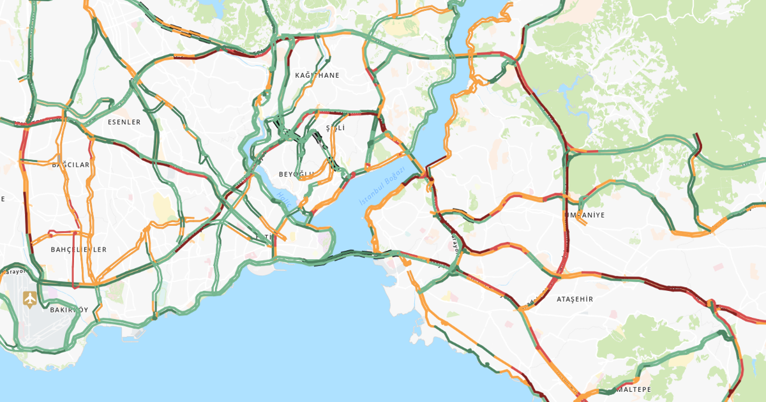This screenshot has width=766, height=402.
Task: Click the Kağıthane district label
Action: click(x=317, y=75)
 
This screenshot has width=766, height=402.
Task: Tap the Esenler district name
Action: click(x=124, y=122)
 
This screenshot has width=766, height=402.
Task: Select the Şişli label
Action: click(x=335, y=128)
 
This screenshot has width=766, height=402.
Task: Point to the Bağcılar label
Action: click(x=71, y=165)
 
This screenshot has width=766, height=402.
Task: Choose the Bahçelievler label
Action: click(x=79, y=249)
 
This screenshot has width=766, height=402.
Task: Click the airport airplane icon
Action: click(x=29, y=298)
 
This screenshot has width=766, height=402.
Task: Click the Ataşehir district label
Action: click(x=574, y=299)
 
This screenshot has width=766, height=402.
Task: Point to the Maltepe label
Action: click(x=632, y=389)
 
